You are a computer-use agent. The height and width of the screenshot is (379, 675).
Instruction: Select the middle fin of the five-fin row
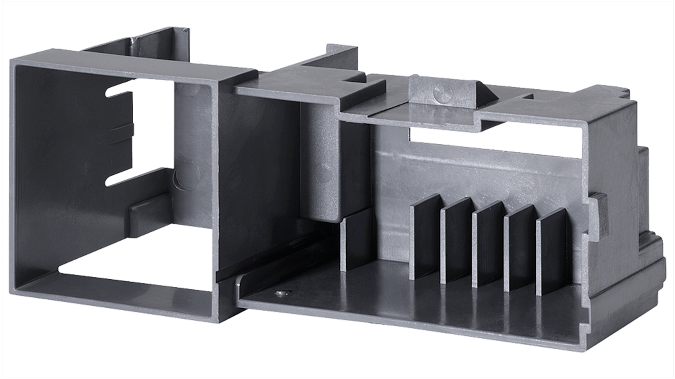tap(488, 244)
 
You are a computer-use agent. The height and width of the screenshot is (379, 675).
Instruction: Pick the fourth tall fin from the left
tap(520, 247)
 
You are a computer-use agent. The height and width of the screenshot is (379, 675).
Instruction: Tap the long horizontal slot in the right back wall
tap(494, 142)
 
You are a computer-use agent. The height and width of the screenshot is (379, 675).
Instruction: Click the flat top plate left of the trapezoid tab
tap(309, 88)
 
